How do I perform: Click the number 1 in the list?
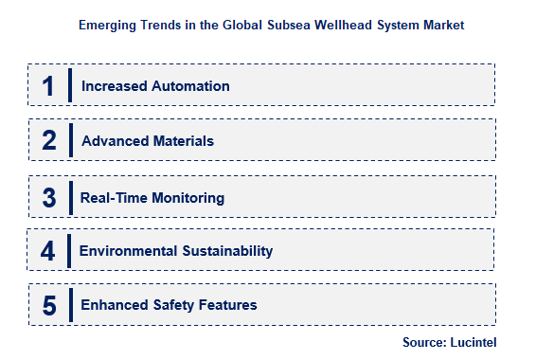48,86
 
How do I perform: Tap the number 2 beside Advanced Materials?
49,141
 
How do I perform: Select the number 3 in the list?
49,197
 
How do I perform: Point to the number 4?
48,251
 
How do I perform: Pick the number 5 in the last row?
49,305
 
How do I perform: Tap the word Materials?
180,141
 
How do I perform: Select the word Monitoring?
189,198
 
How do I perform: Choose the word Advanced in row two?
112,141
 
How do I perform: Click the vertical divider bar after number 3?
70,197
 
